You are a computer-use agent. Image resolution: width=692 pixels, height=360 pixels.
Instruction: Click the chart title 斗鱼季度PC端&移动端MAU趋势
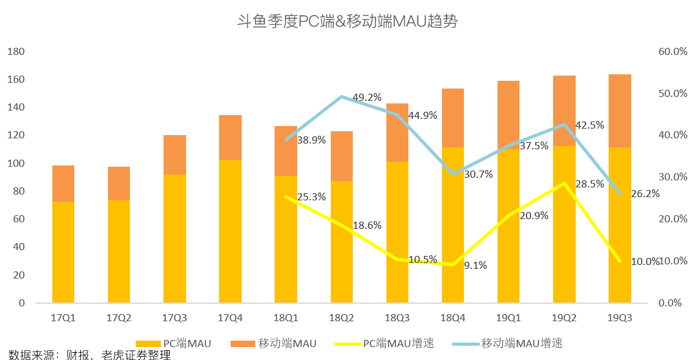click(347, 22)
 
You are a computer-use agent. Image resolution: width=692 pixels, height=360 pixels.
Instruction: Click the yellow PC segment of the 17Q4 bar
click(230, 231)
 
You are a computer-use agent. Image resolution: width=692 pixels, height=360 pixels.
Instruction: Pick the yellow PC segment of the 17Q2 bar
click(119, 251)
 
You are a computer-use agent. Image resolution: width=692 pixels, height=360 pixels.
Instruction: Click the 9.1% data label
click(476, 265)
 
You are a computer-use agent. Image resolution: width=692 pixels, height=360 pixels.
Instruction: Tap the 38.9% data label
click(311, 140)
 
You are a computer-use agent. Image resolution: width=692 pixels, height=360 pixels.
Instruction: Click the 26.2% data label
click(644, 193)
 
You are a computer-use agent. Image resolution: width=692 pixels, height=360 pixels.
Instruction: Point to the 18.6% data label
click(367, 226)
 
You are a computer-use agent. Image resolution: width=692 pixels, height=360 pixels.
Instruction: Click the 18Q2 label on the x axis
click(341, 318)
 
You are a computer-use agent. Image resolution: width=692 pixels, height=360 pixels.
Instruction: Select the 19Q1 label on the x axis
click(509, 318)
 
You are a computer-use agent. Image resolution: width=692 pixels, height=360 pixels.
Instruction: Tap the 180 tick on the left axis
click(16, 52)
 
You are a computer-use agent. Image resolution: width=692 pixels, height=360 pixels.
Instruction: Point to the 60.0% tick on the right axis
click(673, 52)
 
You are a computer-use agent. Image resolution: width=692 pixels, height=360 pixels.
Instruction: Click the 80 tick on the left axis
click(18, 191)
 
